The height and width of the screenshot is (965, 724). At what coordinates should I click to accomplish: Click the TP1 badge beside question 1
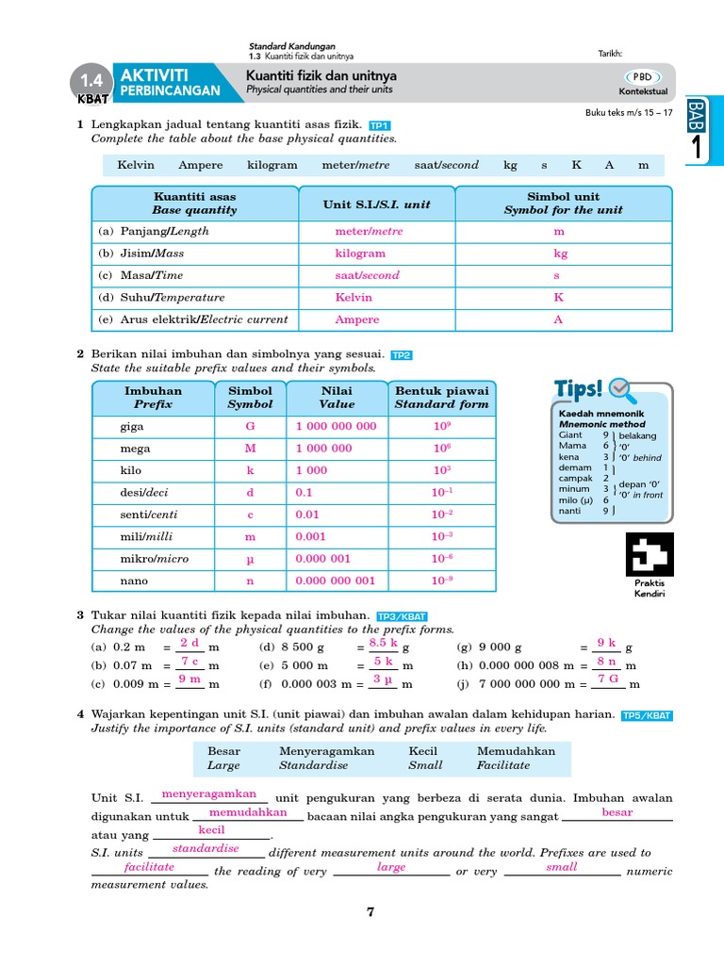(380, 125)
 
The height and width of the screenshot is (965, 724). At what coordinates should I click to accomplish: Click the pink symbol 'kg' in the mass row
(560, 254)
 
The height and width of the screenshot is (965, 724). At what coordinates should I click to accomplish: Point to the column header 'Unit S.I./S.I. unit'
(376, 204)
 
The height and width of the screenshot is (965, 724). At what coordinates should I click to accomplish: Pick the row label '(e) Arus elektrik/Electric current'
(193, 319)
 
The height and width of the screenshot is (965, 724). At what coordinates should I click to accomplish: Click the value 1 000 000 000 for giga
(336, 426)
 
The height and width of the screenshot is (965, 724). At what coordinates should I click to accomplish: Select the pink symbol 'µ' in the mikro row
(250, 559)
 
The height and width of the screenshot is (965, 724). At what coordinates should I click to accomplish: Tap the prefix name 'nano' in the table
(132, 581)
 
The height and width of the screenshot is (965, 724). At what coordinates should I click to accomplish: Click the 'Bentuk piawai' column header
(441, 397)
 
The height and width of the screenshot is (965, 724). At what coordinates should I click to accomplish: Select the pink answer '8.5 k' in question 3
(384, 643)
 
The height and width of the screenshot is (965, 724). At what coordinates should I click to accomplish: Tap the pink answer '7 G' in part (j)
(608, 679)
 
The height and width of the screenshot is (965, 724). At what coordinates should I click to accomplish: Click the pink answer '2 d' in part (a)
(189, 643)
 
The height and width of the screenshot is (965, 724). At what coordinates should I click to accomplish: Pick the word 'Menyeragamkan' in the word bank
(327, 751)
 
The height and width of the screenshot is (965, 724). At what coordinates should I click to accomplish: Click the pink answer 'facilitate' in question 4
(149, 866)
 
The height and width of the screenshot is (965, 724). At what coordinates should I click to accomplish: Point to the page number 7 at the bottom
(370, 911)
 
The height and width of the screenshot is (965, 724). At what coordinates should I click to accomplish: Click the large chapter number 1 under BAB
(697, 147)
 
